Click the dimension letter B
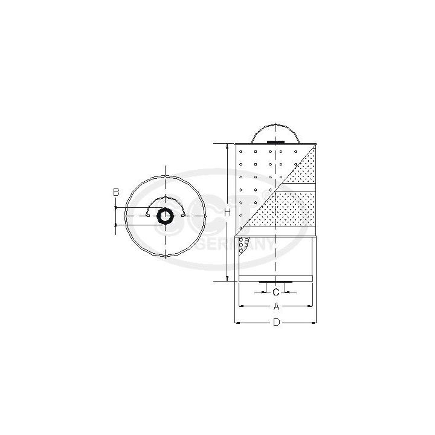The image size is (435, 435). pyautogui.click(x=116, y=192)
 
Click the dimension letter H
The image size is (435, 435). pyautogui.click(x=227, y=212)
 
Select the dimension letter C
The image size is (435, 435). pyautogui.click(x=275, y=291)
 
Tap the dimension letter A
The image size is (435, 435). pyautogui.click(x=276, y=306)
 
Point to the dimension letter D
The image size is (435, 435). pyautogui.click(x=276, y=323)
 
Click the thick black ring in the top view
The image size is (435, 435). pyautogui.click(x=164, y=216)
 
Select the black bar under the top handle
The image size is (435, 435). pyautogui.click(x=276, y=143)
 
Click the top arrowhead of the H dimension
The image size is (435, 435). pyautogui.click(x=227, y=147)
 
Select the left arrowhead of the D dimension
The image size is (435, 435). pyautogui.click(x=237, y=323)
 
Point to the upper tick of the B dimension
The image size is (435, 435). pyautogui.click(x=116, y=208)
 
